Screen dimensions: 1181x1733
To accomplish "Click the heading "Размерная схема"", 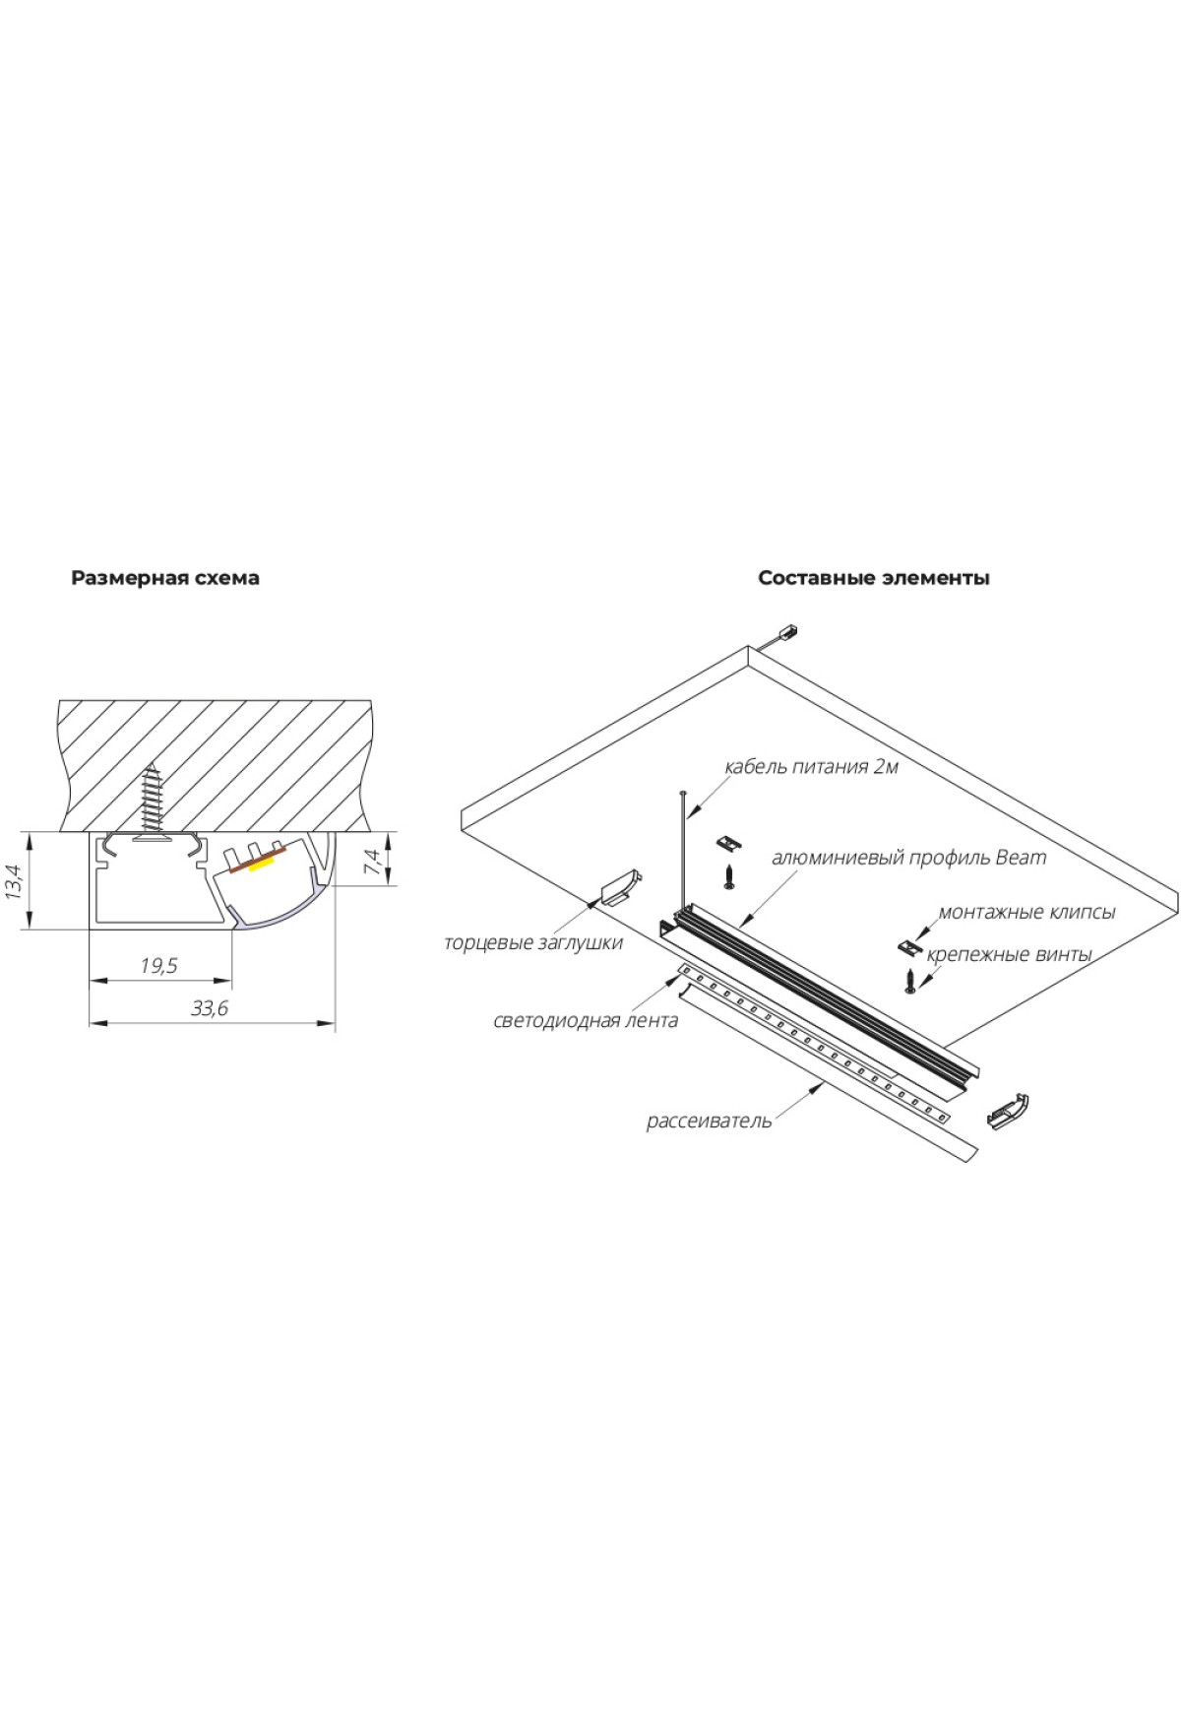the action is pyautogui.click(x=165, y=578).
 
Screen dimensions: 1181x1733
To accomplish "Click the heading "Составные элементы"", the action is pyautogui.click(x=874, y=578).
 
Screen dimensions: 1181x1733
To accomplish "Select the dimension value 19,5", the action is pyautogui.click(x=158, y=966).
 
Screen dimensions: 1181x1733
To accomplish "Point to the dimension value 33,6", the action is pyautogui.click(x=211, y=1008).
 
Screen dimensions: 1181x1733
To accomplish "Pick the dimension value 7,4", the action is pyautogui.click(x=371, y=861).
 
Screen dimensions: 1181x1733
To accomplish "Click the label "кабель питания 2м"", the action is pyautogui.click(x=811, y=767).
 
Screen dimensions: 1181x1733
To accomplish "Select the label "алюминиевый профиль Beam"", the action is pyautogui.click(x=909, y=858).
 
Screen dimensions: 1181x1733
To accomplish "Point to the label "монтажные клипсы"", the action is pyautogui.click(x=1026, y=913).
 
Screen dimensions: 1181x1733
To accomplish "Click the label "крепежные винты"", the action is pyautogui.click(x=1010, y=954).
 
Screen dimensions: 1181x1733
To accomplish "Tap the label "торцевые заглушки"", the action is pyautogui.click(x=533, y=943).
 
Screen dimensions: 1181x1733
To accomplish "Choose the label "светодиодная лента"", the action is pyautogui.click(x=586, y=1021).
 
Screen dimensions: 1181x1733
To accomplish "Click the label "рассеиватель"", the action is pyautogui.click(x=709, y=1122).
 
